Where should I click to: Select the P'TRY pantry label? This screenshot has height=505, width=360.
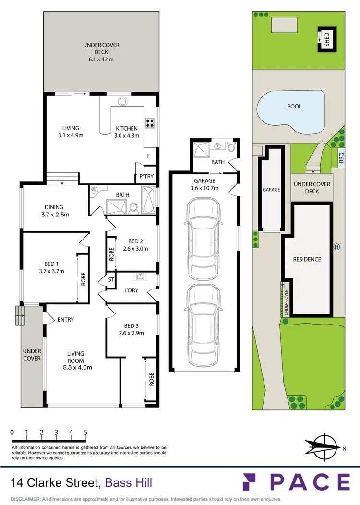(146, 176)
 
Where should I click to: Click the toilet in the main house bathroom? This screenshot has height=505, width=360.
(134, 207)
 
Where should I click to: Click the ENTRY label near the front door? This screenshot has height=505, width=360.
(65, 320)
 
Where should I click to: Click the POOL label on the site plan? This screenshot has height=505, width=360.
(294, 106)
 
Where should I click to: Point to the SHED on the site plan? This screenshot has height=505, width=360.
(325, 38)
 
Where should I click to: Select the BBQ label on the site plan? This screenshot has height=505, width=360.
(341, 157)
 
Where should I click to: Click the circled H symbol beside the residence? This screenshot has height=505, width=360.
(336, 247)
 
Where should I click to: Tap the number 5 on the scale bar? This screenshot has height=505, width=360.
(85, 432)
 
